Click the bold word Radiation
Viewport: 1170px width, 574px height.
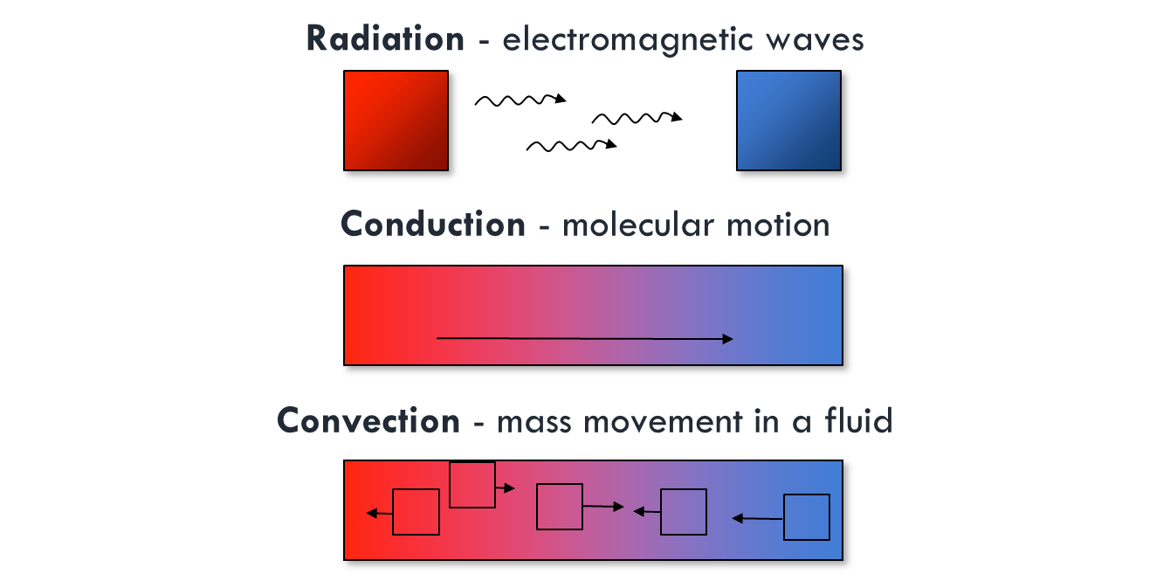pos(385,38)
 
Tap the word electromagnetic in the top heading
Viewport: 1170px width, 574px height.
pos(627,39)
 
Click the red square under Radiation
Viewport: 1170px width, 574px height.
pos(396,121)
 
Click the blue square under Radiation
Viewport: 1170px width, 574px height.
pos(788,121)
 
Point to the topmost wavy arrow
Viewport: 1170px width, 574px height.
pos(520,100)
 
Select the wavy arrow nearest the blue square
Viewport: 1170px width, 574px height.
pos(637,118)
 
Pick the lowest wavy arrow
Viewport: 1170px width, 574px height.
pos(571,145)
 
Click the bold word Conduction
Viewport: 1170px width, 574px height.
pos(433,225)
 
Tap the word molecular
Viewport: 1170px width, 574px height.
pos(637,225)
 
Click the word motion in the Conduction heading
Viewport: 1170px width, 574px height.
pos(778,225)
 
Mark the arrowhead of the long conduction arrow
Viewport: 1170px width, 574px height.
pos(728,339)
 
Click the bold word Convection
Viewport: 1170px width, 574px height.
pos(368,421)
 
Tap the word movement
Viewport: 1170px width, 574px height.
pos(663,422)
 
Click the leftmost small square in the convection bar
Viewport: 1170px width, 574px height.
pos(416,512)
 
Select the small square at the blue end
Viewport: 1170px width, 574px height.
pos(807,517)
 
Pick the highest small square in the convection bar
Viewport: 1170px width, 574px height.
pos(472,485)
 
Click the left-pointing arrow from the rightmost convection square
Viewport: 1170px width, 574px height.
pos(757,519)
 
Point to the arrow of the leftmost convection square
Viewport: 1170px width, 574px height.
pos(380,514)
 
